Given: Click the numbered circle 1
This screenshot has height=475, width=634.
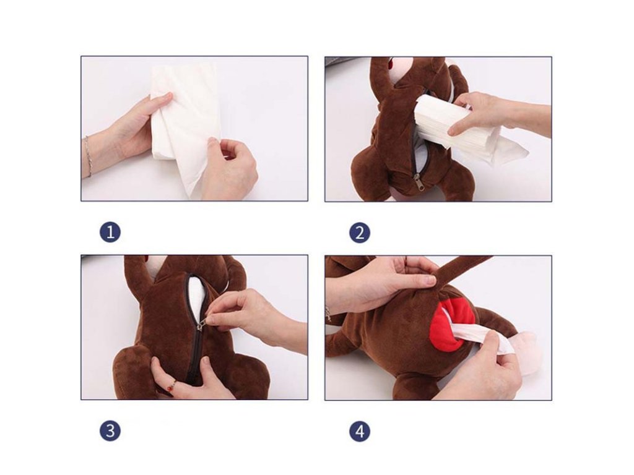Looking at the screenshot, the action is click(110, 233).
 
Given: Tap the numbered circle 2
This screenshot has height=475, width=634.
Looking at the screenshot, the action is click(360, 233).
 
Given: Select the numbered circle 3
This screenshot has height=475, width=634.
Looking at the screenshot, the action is click(110, 431).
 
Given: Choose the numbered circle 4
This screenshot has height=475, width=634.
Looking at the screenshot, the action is click(360, 431).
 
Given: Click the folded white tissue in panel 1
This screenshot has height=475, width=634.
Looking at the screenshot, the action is click(185, 125).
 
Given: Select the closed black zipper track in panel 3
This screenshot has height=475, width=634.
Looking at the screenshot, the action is click(197, 356).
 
